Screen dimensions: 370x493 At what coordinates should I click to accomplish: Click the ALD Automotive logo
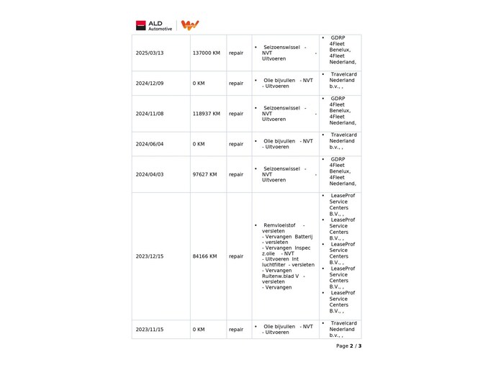pos(150,25)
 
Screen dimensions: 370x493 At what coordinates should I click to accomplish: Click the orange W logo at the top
pos(190,25)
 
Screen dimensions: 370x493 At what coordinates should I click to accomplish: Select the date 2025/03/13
pos(150,53)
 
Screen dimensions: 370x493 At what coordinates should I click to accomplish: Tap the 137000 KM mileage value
pos(206,53)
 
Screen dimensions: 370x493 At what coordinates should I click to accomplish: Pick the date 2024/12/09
pos(150,84)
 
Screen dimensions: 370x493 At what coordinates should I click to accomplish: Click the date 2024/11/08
pos(150,114)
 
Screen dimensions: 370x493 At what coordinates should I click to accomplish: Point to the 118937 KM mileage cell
pos(206,114)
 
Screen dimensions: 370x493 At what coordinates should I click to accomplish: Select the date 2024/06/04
pos(150,144)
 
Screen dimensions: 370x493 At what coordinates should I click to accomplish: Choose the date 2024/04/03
pos(150,174)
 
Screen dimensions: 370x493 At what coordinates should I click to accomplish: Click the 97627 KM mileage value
pos(204,174)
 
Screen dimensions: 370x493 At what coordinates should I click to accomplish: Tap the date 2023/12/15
pos(150,256)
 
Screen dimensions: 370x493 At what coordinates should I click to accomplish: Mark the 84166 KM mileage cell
pos(204,256)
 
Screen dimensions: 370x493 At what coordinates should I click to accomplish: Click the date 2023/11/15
pos(150,330)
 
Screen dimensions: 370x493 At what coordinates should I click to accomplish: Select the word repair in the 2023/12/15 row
pos(236,256)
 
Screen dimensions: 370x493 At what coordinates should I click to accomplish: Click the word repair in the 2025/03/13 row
pos(236,53)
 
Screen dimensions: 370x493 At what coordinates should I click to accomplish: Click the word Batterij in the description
pos(303,236)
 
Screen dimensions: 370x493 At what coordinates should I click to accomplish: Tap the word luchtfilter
pos(276,265)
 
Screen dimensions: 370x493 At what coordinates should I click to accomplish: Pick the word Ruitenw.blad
pos(280,276)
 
